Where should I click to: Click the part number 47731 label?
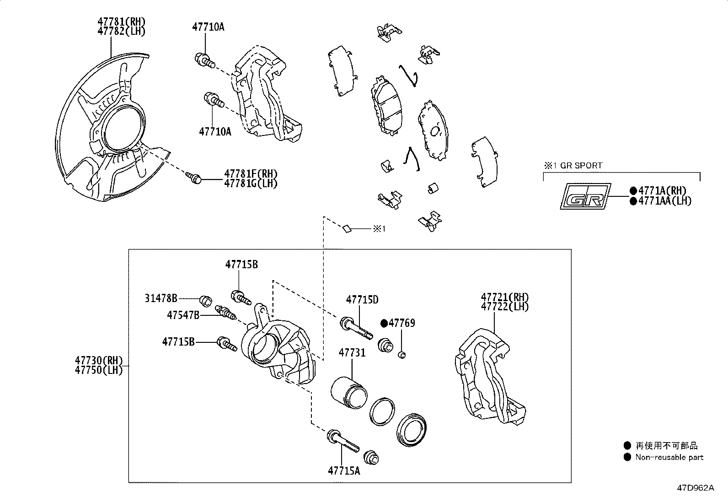pyautogui.click(x=352, y=353)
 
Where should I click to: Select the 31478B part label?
pyautogui.click(x=161, y=299)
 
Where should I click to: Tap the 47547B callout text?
pyautogui.click(x=183, y=315)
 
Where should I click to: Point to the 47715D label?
pyautogui.click(x=362, y=300)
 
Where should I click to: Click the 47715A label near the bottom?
pyautogui.click(x=343, y=471)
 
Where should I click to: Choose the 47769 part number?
pyautogui.click(x=401, y=324)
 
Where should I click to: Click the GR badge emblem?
pyautogui.click(x=586, y=196)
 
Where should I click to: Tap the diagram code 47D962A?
pyautogui.click(x=695, y=488)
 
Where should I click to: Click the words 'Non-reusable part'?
pyautogui.click(x=669, y=457)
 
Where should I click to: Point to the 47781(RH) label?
pyautogui.click(x=121, y=22)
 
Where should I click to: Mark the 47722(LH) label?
pyautogui.click(x=504, y=307)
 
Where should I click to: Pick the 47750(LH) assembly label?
pyautogui.click(x=99, y=370)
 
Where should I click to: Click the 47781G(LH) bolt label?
pyautogui.click(x=251, y=184)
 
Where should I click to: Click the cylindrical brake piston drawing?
pyautogui.click(x=348, y=392)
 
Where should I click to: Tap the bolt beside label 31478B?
pyautogui.click(x=205, y=301)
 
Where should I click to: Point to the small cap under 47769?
pyautogui.click(x=402, y=355)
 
